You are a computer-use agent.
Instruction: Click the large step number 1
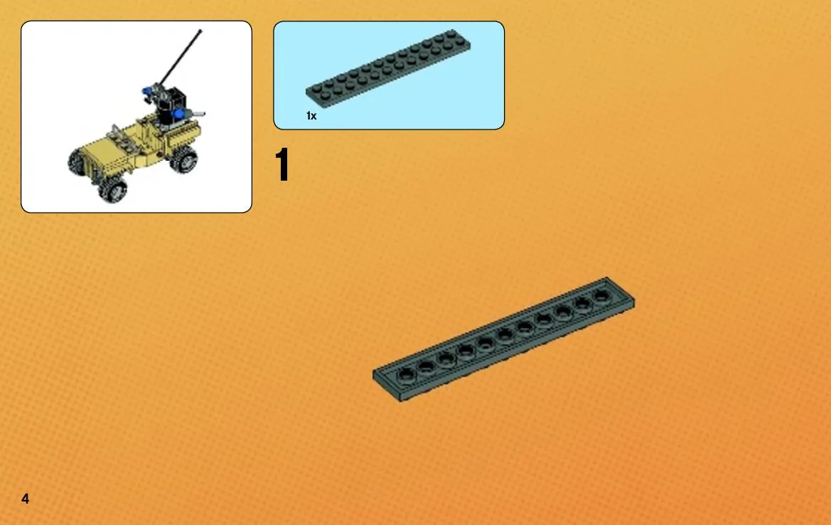point(282,165)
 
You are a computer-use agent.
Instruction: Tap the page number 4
point(25,499)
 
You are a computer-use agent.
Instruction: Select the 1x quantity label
point(311,116)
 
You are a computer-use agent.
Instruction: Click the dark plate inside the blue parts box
point(388,69)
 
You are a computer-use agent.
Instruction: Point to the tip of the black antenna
point(200,31)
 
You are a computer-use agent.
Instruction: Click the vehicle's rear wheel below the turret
point(183,158)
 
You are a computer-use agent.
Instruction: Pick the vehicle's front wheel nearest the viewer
point(113,190)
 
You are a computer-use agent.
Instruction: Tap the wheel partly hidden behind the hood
point(77,161)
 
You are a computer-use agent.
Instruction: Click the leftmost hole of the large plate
point(407,374)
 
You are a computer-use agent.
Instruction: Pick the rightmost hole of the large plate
point(601,295)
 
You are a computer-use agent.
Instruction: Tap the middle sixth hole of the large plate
point(505,335)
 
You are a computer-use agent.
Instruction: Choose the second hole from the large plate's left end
point(426,366)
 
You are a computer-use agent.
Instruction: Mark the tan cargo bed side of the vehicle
point(183,134)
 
